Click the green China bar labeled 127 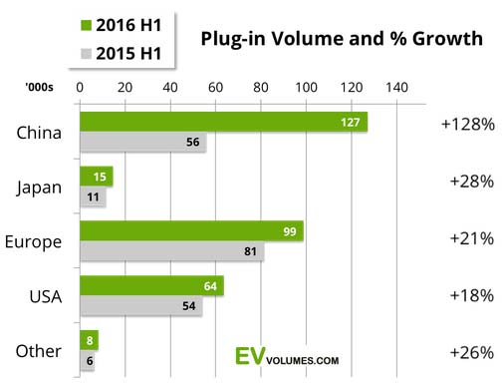[x=223, y=121]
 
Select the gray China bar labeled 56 [x=142, y=143]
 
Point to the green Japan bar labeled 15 [x=96, y=177]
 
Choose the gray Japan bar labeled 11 [x=92, y=197]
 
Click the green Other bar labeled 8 [x=89, y=338]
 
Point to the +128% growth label [x=467, y=126]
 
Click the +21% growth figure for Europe [x=467, y=238]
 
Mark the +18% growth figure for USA [x=467, y=295]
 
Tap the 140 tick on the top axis [x=395, y=89]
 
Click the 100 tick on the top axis [x=305, y=89]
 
